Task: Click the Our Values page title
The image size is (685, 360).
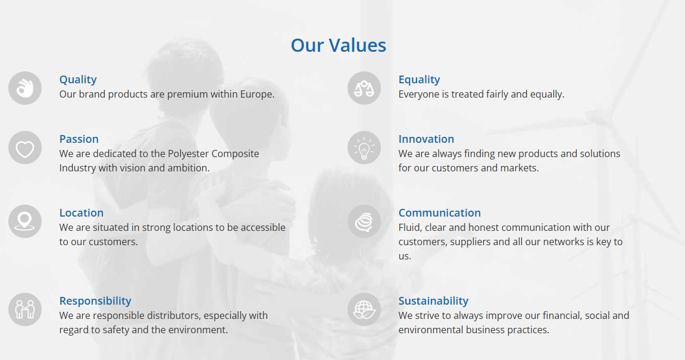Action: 339,45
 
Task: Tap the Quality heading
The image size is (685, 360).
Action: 78,80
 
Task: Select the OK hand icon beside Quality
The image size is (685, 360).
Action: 25,88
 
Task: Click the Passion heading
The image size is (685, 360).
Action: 79,139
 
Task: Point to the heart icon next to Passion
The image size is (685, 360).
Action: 25,148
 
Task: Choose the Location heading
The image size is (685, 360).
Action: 82,213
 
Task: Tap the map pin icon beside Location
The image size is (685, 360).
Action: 25,221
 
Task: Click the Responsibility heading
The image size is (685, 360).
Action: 95,301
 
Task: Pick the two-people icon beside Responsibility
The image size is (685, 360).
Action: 25,309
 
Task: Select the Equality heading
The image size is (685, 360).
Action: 419,80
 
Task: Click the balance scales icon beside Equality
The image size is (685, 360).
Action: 364,88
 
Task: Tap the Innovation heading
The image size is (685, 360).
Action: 426,139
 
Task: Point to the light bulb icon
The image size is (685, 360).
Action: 364,148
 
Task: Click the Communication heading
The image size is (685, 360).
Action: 439,213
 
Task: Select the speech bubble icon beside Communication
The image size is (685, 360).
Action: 364,221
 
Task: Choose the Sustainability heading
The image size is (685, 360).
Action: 433,301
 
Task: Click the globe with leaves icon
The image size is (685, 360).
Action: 364,309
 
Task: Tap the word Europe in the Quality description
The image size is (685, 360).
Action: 257,95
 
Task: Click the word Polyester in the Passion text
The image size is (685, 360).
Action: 188,154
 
